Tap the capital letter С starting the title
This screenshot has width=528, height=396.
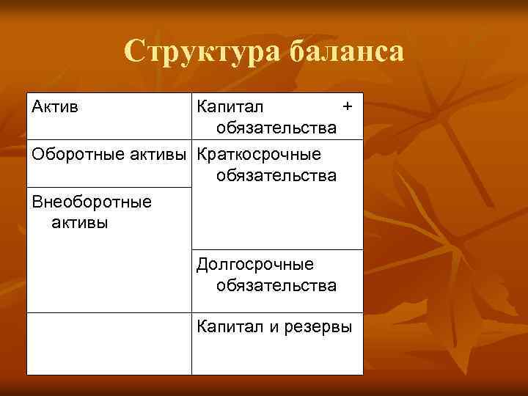coord(133,51)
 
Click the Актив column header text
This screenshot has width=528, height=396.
coord(55,107)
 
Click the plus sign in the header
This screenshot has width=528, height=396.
coord(348,107)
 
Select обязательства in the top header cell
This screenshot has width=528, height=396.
coord(276,128)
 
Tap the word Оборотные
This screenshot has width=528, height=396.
coord(73,155)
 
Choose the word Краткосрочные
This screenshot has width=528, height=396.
coord(259,155)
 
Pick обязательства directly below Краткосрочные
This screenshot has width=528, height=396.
coord(276,176)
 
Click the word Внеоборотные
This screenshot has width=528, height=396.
coord(92,201)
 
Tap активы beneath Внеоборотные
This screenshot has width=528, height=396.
coord(80,222)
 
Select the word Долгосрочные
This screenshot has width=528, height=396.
coord(254,264)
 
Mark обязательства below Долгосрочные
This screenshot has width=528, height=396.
coord(276,285)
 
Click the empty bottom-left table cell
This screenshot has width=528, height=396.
coord(109,343)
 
